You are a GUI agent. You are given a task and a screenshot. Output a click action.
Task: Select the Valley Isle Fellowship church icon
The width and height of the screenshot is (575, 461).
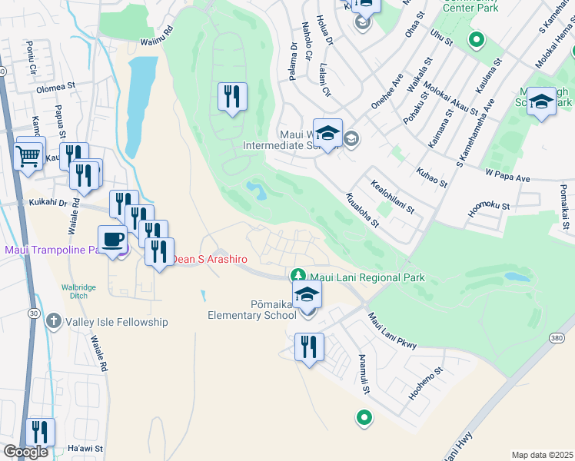point(54,320)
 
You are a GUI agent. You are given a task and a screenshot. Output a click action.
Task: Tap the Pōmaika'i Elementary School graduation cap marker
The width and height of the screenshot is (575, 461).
point(307,296)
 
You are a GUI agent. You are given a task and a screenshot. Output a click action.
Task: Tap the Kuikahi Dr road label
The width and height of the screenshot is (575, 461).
point(49,203)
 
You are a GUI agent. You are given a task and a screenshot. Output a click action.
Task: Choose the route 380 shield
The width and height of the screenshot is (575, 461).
point(557,338)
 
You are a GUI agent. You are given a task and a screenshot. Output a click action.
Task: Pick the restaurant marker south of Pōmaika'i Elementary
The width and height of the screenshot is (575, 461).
point(309,348)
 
